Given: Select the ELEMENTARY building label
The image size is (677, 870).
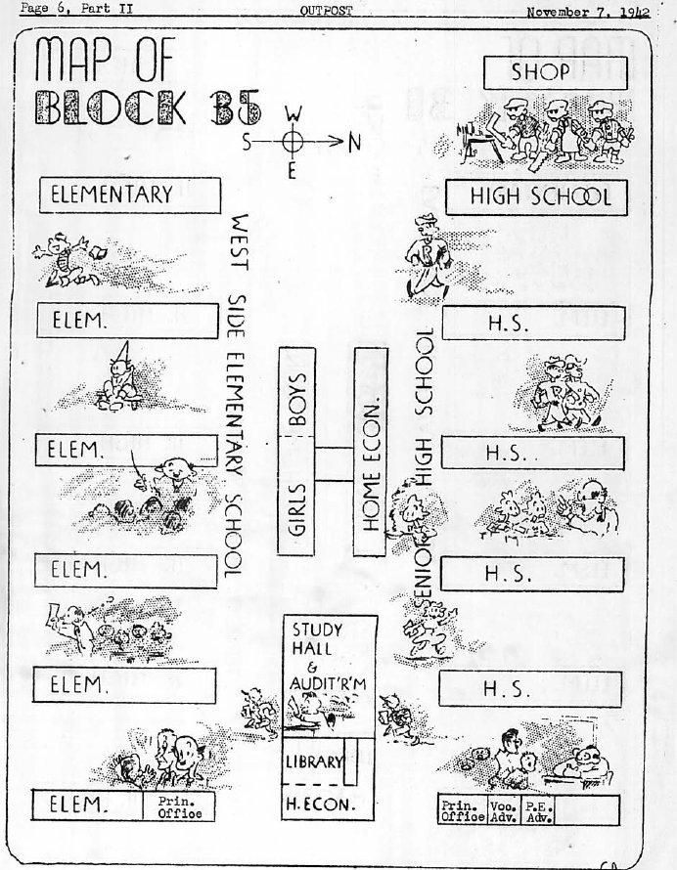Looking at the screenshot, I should pos(125,195).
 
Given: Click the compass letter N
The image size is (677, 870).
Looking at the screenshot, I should pos(354,142).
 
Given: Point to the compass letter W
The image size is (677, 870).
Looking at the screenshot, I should pos(292,113).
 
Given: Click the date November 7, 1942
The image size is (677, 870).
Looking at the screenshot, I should pos(587,12).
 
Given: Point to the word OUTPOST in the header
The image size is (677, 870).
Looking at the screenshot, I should pos(327,10).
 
